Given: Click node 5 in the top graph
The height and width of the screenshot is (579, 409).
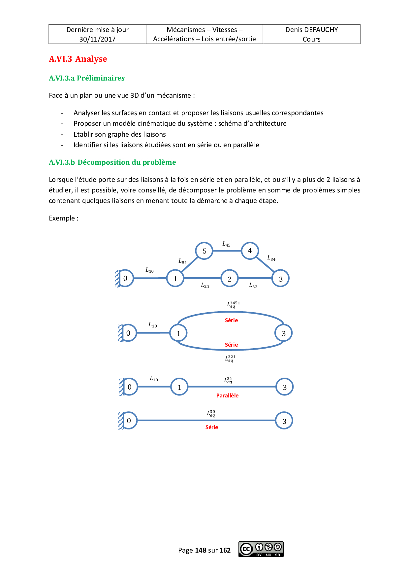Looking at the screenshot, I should [x=204, y=251].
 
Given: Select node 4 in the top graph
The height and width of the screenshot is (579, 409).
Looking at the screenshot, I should [x=250, y=251].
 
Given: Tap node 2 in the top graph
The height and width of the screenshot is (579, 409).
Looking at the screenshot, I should [x=230, y=279].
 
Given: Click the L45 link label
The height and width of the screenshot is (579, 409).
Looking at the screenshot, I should [x=226, y=244].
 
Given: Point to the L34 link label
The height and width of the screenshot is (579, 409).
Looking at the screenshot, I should [x=271, y=258].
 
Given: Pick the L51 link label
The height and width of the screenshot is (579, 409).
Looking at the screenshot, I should [x=182, y=261].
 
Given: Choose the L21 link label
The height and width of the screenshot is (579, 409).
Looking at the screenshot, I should [x=205, y=286].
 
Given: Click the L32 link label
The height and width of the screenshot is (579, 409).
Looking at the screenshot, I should [x=253, y=286].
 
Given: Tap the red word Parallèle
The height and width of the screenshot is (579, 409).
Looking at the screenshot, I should [x=227, y=395].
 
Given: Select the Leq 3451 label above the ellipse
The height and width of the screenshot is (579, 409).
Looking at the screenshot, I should [x=233, y=304].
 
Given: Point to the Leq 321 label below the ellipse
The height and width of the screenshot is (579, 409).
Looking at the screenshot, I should [x=230, y=358].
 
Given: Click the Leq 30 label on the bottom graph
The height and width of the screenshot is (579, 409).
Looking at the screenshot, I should [x=211, y=413].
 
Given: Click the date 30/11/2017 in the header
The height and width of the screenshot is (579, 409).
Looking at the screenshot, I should [x=97, y=39].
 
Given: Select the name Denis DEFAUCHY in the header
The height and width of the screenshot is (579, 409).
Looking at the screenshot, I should [x=311, y=30].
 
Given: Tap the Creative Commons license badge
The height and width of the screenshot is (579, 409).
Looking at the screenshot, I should [x=261, y=549].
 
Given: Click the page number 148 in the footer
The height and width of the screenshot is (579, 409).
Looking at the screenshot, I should [x=201, y=550].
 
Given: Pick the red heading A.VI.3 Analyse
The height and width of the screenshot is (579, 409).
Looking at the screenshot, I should [x=78, y=59].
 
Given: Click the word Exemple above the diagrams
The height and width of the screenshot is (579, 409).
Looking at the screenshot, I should [x=62, y=218].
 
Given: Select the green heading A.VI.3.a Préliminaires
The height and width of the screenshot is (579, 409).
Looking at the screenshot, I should [x=87, y=78].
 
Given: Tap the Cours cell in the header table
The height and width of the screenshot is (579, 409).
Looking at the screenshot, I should [x=311, y=39].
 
